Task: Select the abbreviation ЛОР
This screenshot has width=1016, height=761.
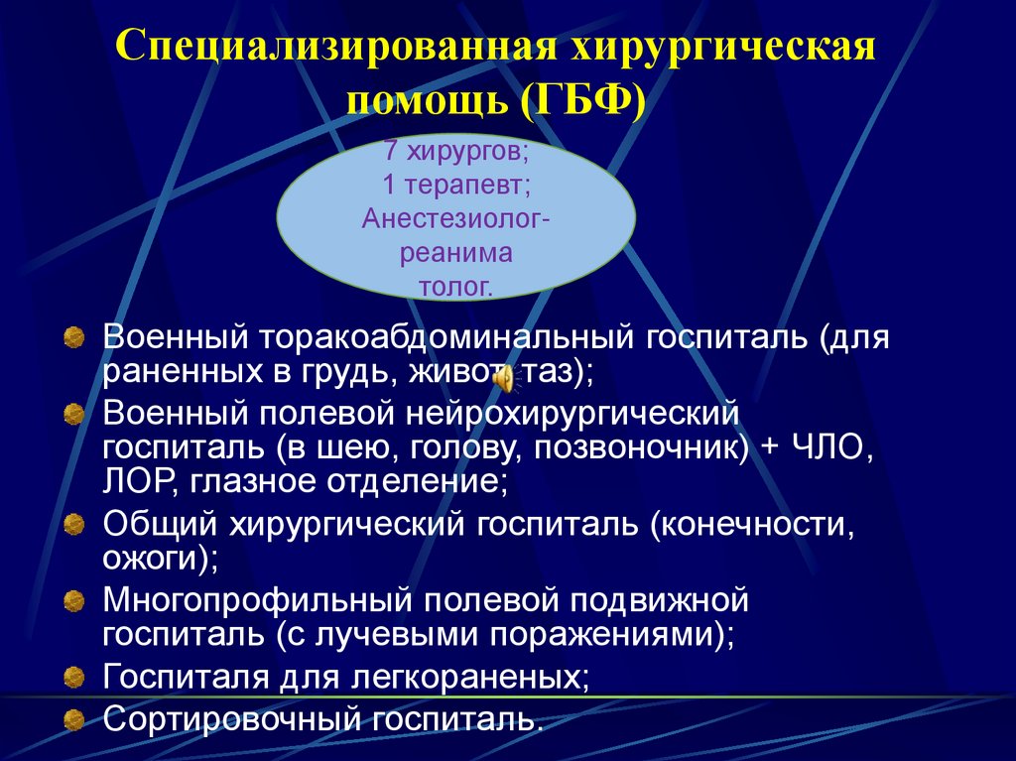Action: point(134,483)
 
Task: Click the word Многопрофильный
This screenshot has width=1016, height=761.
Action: point(259,600)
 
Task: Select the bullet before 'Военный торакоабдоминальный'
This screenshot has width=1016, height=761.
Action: point(74,339)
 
